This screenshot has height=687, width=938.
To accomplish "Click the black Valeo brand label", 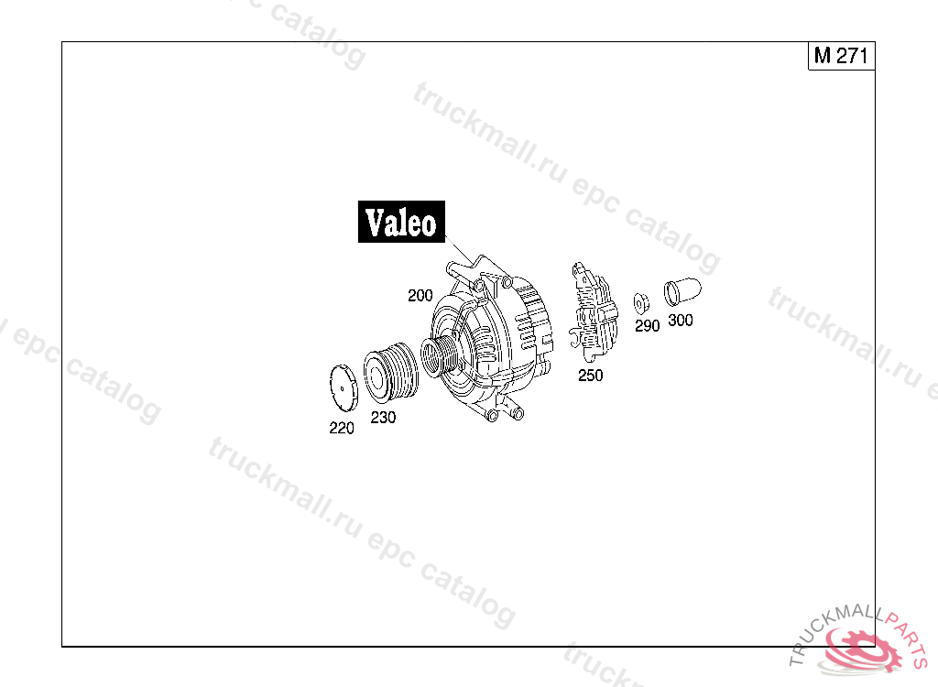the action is point(401,222).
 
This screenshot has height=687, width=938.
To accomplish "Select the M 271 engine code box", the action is point(841,56).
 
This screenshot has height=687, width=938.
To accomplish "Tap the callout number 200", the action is point(420,295).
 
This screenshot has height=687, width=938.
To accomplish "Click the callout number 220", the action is point(342,428).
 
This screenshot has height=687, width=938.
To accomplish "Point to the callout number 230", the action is point(383,417).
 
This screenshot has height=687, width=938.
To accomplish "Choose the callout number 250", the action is point(591,376).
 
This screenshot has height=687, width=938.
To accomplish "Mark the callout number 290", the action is point(648,325).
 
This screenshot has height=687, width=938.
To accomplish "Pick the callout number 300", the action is point(681,321).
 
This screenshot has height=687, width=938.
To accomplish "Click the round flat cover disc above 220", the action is point(344,387).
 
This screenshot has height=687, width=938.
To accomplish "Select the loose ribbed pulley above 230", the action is point(391,372).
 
